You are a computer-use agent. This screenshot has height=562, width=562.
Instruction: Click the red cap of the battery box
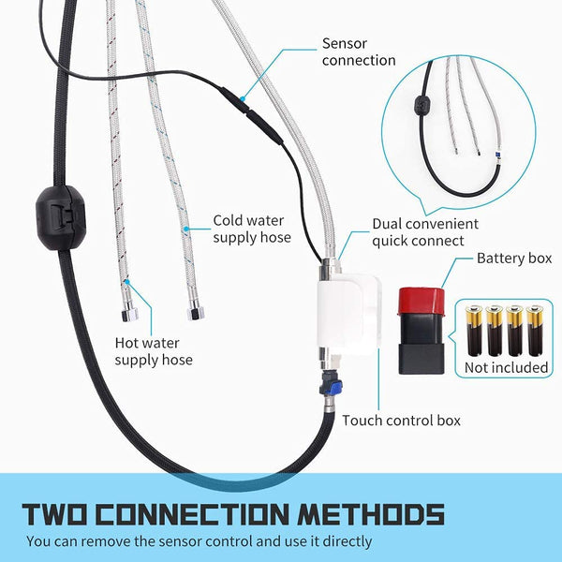(421, 301)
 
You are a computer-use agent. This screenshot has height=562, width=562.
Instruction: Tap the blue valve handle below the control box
(334, 388)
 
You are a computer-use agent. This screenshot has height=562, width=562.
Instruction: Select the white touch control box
(348, 312)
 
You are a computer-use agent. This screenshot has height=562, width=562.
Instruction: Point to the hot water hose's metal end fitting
(129, 313)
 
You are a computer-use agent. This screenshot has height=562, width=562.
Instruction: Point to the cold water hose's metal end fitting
(196, 310)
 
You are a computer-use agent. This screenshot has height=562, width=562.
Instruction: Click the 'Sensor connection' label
(359, 52)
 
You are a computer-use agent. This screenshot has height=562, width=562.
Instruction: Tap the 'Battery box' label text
(514, 259)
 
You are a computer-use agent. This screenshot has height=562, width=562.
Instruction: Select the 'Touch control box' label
(401, 421)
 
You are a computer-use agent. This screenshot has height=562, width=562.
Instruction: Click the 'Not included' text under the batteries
(506, 368)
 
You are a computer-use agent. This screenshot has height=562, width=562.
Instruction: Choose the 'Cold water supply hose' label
(252, 229)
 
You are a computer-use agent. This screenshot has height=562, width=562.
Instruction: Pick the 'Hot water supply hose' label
(154, 351)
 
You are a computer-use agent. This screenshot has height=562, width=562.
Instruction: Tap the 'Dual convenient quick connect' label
(425, 232)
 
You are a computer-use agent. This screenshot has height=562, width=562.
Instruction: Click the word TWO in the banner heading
(54, 514)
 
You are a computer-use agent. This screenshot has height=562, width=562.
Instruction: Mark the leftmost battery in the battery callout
(474, 331)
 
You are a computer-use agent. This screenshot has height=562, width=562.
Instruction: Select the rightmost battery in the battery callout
(535, 331)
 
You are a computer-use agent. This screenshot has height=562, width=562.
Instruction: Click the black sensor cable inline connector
(252, 114)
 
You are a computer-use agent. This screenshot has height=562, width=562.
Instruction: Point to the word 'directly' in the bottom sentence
(348, 542)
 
